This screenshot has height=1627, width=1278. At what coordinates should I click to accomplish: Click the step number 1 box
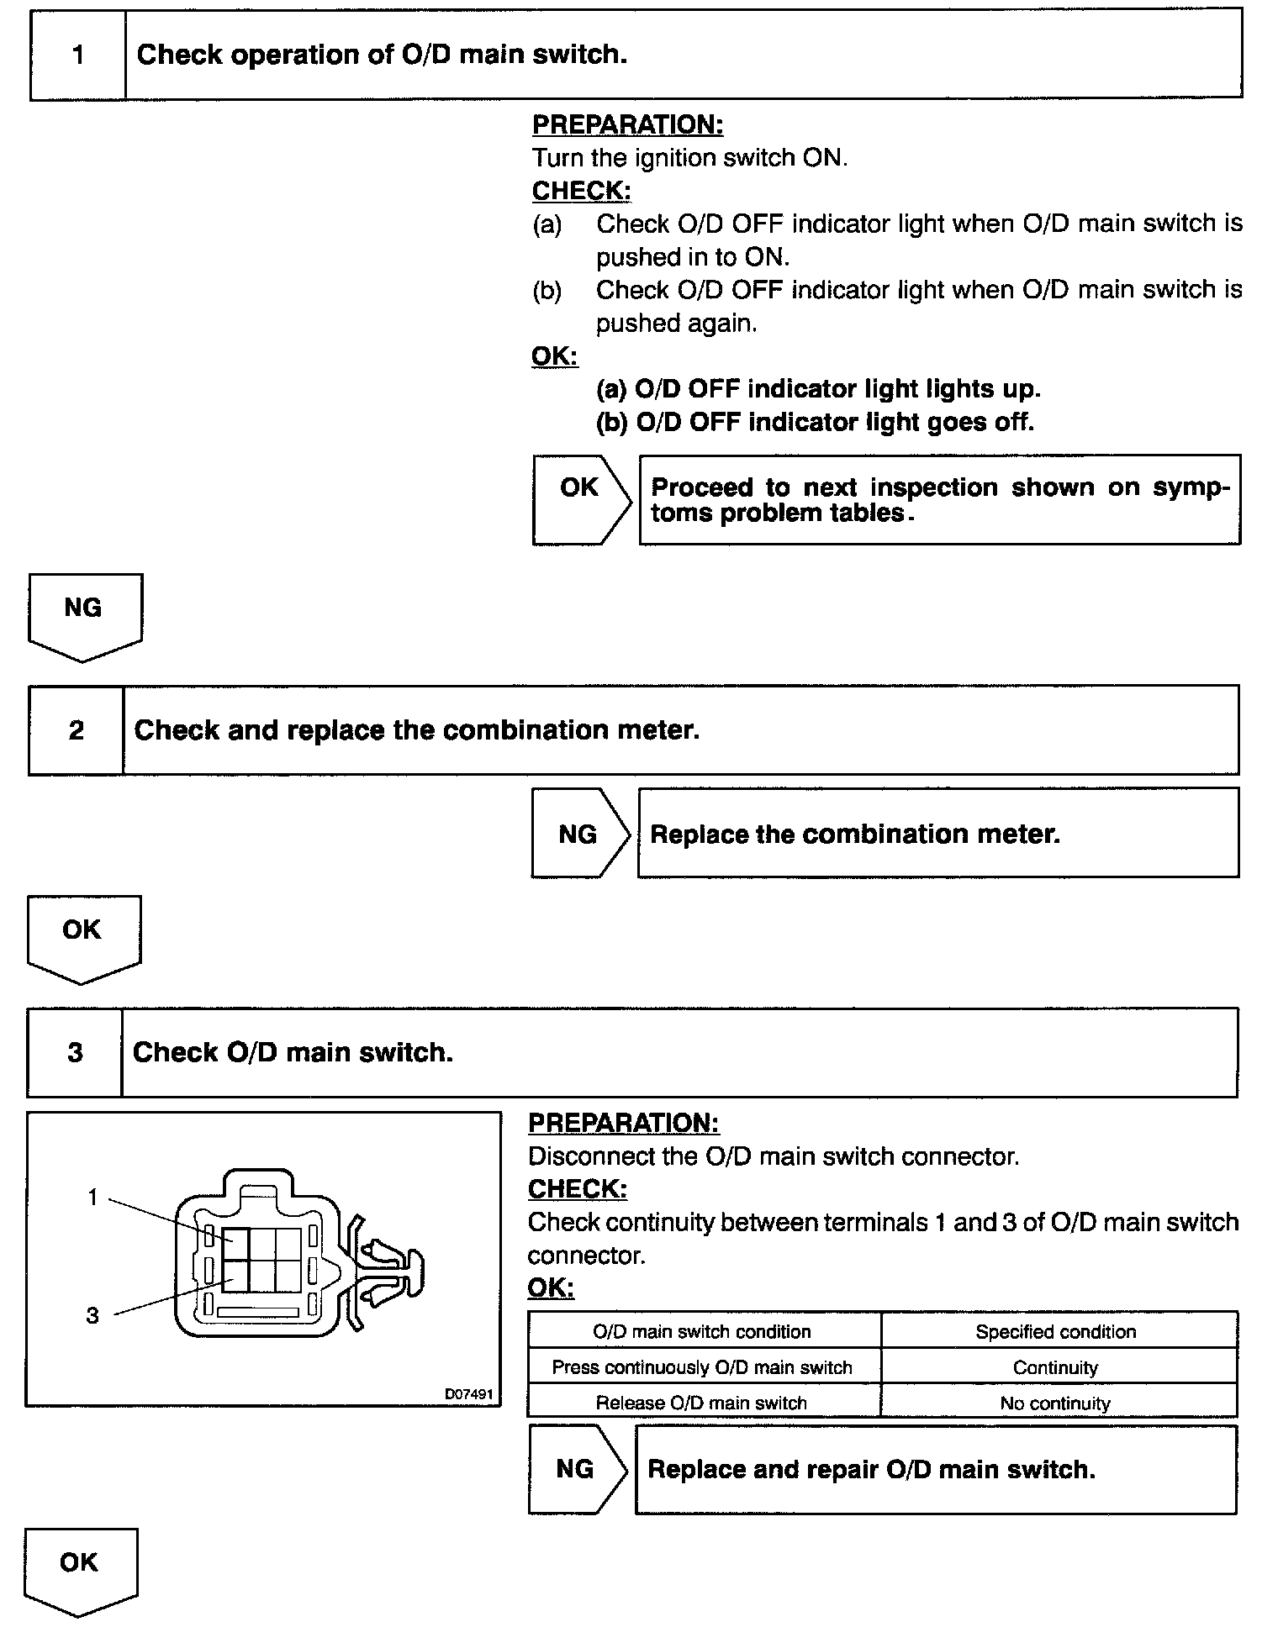pos(77,55)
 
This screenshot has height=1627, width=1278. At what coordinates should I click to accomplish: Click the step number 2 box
pos(76,729)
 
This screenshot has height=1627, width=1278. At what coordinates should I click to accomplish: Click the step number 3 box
pos(75,1052)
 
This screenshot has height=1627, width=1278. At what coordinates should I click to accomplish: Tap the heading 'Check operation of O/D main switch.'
pos(382,55)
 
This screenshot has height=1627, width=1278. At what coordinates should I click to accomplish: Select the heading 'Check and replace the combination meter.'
pos(416,729)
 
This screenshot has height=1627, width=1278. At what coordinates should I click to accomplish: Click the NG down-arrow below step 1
pos(83,613)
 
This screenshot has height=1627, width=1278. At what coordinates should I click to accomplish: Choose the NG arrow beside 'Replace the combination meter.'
pos(578,833)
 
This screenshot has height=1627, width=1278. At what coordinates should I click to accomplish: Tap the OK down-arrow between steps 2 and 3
pos(82,935)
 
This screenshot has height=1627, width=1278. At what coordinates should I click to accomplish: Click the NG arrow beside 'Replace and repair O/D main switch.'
pos(576,1468)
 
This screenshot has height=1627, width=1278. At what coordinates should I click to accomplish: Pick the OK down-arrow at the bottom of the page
pos(80,1568)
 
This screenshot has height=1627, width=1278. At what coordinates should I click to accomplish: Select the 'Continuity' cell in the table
pos(1055,1367)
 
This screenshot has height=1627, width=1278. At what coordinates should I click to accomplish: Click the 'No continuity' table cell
pos(1055,1403)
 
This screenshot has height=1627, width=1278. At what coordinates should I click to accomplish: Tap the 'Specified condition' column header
pos(1055,1332)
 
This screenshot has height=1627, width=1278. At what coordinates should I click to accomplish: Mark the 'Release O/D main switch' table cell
pos(701,1403)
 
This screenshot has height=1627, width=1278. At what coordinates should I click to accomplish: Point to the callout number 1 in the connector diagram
pos(93,1198)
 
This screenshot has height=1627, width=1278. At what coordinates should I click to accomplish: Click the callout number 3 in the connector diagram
pos(92,1315)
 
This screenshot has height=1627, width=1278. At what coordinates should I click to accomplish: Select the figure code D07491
pos(468,1394)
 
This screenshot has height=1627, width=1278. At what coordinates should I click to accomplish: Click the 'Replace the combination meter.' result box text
pos(855,834)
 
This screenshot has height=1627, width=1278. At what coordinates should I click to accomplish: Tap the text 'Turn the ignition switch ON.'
pos(689,158)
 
